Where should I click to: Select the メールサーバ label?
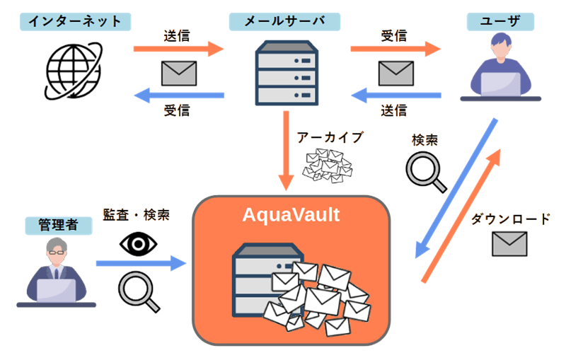(x=284, y=21)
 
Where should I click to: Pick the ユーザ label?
(x=500, y=21)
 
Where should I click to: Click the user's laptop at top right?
(x=500, y=83)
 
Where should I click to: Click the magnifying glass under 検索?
(x=427, y=172)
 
